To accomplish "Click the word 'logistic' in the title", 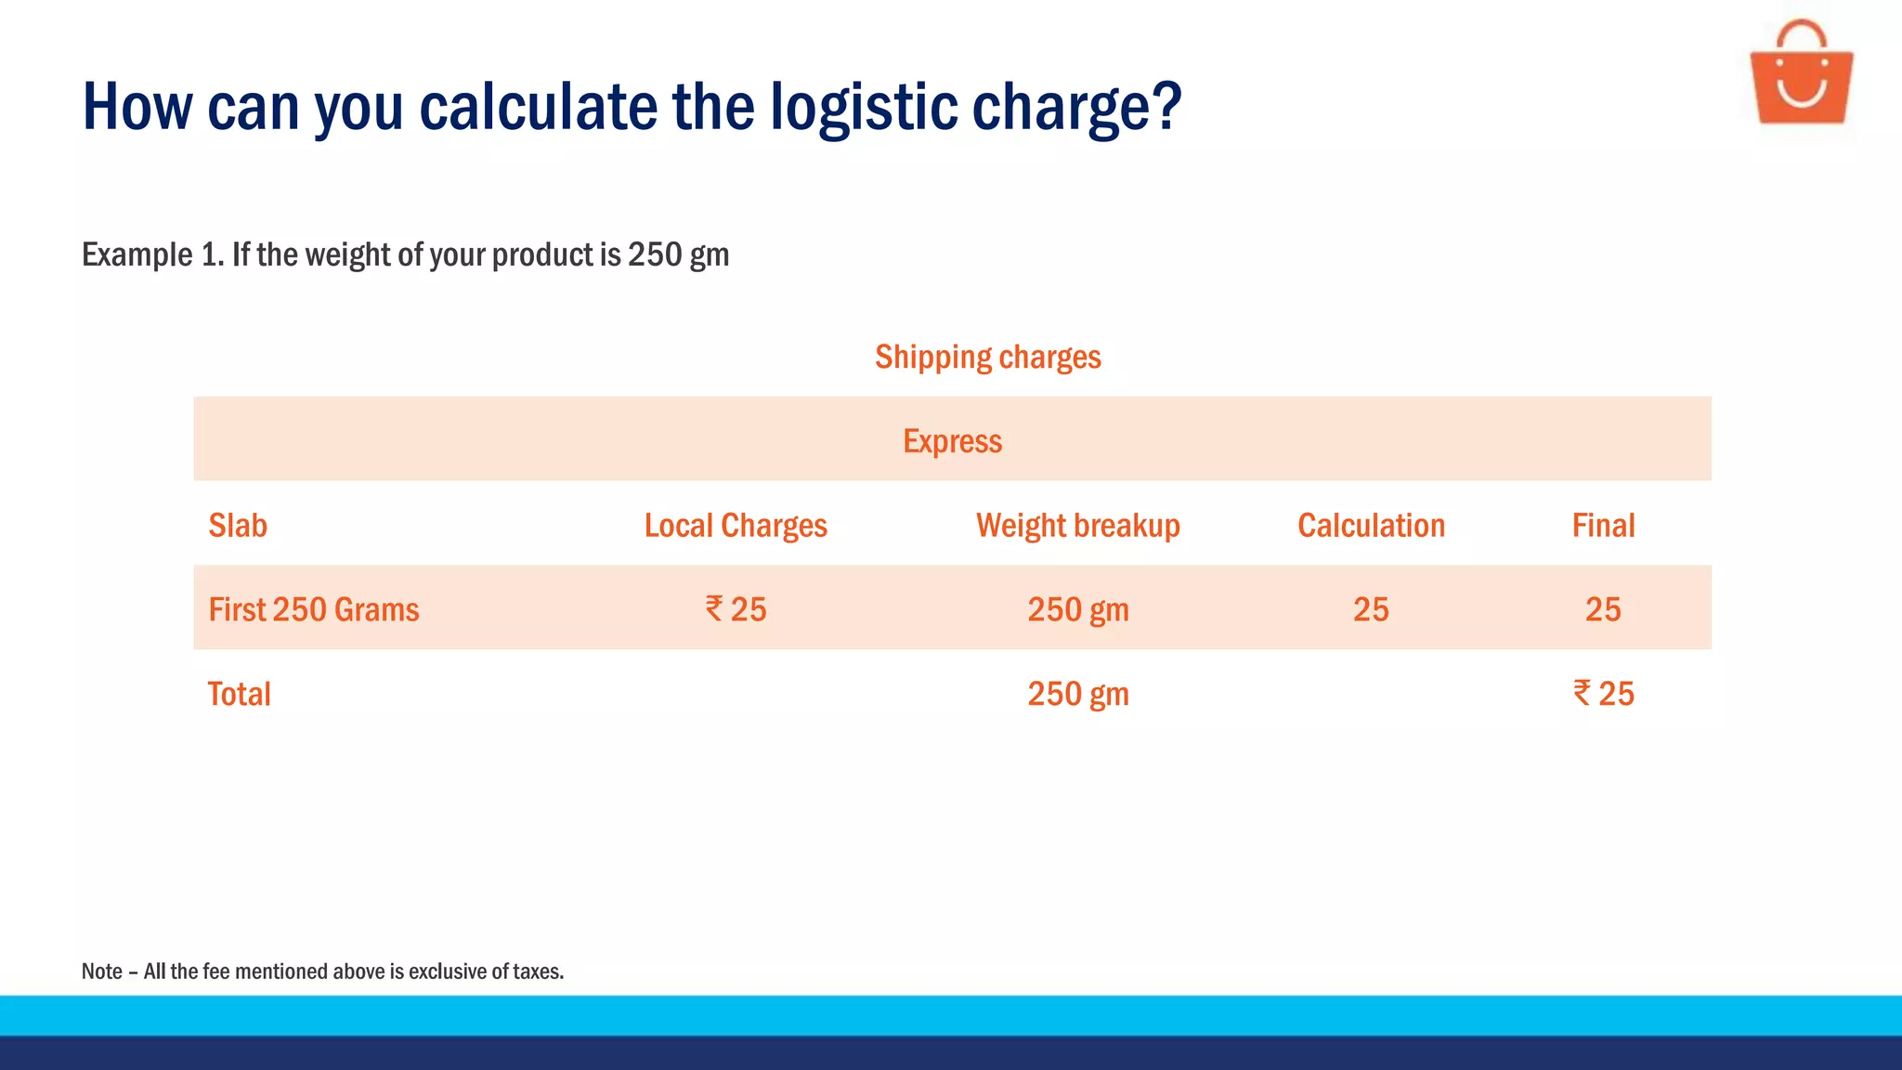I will click(x=863, y=107).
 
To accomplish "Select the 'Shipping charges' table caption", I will click(x=987, y=358).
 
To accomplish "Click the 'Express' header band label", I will click(x=952, y=441).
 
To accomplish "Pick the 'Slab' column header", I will click(x=238, y=526).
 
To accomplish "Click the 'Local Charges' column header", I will click(x=736, y=526).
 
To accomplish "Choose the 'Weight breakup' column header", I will click(x=1077, y=526).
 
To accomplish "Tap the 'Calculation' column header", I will click(x=1371, y=526).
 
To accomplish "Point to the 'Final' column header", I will click(x=1603, y=526).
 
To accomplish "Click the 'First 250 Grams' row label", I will click(x=314, y=610).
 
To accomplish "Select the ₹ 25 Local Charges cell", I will click(x=736, y=610).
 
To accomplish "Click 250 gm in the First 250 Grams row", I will click(x=1077, y=610).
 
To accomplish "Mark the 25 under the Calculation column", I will click(x=1371, y=610).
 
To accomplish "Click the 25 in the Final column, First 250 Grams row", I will click(x=1603, y=610).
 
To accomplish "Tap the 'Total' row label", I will click(x=239, y=695).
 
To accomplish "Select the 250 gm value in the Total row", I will click(x=1077, y=695).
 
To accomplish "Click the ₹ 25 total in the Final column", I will click(x=1603, y=694).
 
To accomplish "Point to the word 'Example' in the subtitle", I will click(x=137, y=255).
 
